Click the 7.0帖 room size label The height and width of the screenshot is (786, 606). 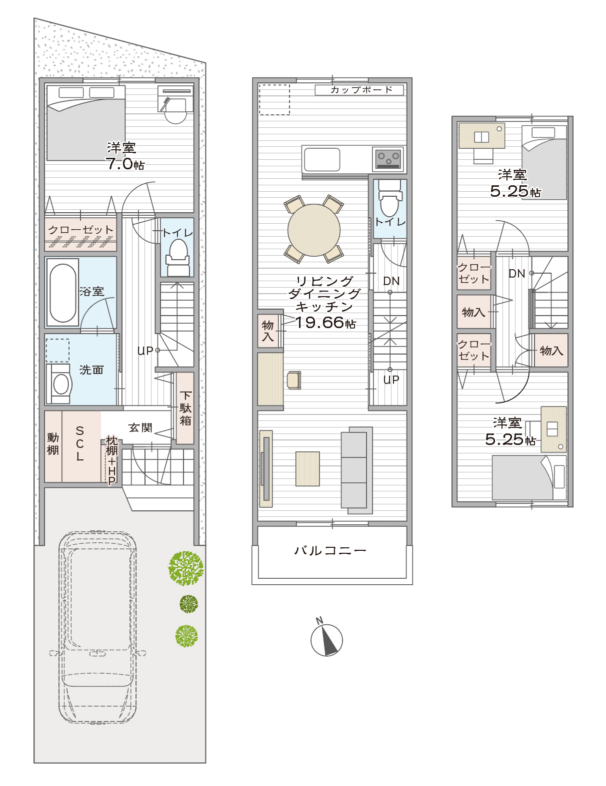click(125, 164)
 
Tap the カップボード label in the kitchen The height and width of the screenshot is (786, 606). click(361, 90)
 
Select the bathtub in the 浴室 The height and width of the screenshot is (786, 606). click(62, 293)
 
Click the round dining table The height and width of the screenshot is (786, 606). click(314, 230)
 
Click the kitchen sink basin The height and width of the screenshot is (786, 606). click(322, 159)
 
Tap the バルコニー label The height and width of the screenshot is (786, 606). click(330, 551)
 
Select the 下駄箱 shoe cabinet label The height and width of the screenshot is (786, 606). click(185, 408)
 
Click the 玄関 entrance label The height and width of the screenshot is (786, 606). click(140, 427)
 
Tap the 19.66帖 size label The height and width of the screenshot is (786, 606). click(325, 322)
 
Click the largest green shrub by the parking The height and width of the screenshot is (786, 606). click(185, 568)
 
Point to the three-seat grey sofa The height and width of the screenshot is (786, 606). click(356, 470)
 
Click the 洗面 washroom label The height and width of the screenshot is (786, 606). click(91, 370)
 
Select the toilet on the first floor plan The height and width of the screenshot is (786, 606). click(177, 258)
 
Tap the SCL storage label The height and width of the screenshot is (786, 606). click(79, 443)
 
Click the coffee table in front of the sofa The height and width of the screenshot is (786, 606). click(307, 469)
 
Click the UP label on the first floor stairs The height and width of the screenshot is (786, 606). click(145, 351)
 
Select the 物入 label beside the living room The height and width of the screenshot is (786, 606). click(267, 331)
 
